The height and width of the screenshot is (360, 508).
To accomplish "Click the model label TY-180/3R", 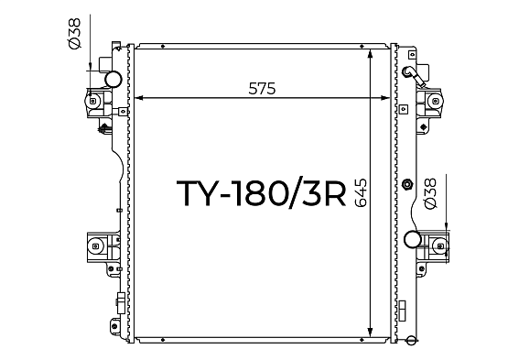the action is [261, 193].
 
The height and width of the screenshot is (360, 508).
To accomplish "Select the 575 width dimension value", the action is [262, 89].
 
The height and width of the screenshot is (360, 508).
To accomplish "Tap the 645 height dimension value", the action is [361, 192].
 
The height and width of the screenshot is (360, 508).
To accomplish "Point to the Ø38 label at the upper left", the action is [74, 33].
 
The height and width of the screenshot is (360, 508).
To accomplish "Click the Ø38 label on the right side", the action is [430, 193].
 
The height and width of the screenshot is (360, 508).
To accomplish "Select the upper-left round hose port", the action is [113, 79].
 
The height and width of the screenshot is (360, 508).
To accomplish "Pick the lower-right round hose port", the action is [413, 239].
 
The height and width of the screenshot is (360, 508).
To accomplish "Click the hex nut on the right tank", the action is [407, 184].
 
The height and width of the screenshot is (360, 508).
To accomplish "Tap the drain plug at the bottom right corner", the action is [411, 340].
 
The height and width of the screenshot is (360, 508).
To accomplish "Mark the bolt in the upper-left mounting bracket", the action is [92, 101].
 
